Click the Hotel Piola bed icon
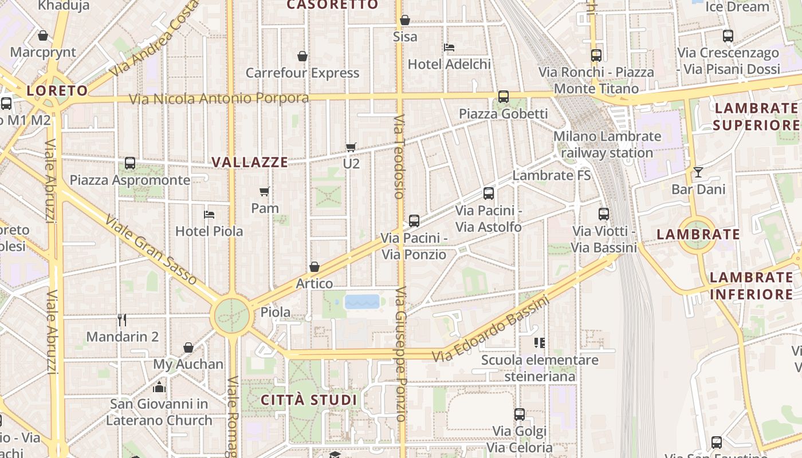209,215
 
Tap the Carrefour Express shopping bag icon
302,56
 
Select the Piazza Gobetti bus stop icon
504,97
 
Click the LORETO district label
57,90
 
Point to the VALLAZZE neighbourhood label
250,162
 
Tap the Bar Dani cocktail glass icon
698,172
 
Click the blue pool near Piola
362,302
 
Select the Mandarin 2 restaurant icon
122,319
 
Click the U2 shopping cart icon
351,148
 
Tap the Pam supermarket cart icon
264,191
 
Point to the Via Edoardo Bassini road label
490,329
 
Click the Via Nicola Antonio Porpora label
219,98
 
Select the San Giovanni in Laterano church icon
159,388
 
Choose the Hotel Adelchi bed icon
449,47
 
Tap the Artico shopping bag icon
314,267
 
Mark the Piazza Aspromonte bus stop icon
130,163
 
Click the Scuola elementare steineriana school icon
539,343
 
